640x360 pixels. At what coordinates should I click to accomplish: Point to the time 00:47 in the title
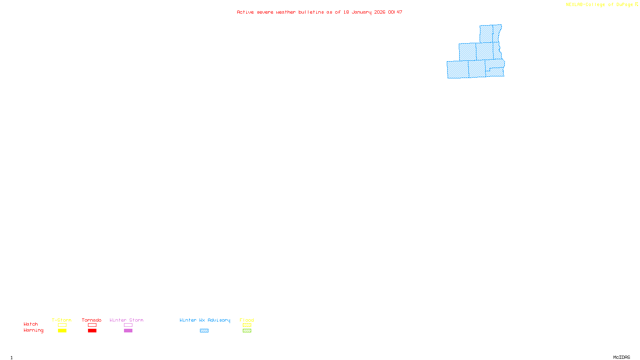(x=395, y=12)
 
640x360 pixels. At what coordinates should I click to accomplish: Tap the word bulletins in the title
(x=311, y=12)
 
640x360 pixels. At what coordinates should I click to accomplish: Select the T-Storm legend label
(x=62, y=320)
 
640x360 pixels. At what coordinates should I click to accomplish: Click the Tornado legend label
(x=92, y=320)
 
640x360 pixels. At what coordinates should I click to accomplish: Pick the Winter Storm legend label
(x=126, y=320)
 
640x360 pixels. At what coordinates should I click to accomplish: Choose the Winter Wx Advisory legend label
(x=205, y=320)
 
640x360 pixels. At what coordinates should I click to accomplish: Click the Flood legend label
(x=247, y=320)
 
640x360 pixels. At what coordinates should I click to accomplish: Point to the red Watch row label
(x=31, y=324)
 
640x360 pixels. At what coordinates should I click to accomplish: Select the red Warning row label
(x=33, y=330)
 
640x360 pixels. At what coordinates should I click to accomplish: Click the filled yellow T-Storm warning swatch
(x=62, y=331)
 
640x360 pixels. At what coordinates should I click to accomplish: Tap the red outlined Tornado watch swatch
(x=92, y=325)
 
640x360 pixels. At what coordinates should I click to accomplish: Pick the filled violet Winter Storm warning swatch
(x=128, y=331)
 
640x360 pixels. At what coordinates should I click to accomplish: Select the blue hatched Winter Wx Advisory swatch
(x=204, y=331)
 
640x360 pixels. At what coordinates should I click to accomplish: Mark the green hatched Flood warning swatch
(x=247, y=331)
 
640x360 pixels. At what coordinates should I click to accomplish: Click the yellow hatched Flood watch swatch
(x=247, y=325)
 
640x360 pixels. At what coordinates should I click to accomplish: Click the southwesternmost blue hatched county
(x=458, y=69)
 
